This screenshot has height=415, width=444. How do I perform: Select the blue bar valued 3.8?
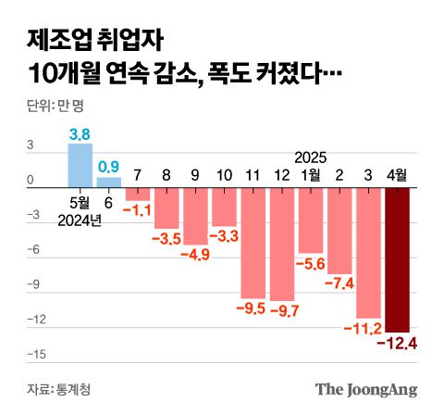pyautogui.click(x=80, y=164)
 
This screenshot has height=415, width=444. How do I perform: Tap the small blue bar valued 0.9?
pyautogui.click(x=109, y=181)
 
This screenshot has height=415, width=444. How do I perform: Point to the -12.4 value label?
pyautogui.click(x=398, y=345)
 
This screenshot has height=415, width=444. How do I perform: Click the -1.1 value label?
pyautogui.click(x=138, y=211)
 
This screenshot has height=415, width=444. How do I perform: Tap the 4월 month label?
pyautogui.click(x=398, y=174)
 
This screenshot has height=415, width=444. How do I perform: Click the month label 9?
pyautogui.click(x=195, y=174)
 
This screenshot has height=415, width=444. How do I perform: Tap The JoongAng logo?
pyautogui.click(x=366, y=388)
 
